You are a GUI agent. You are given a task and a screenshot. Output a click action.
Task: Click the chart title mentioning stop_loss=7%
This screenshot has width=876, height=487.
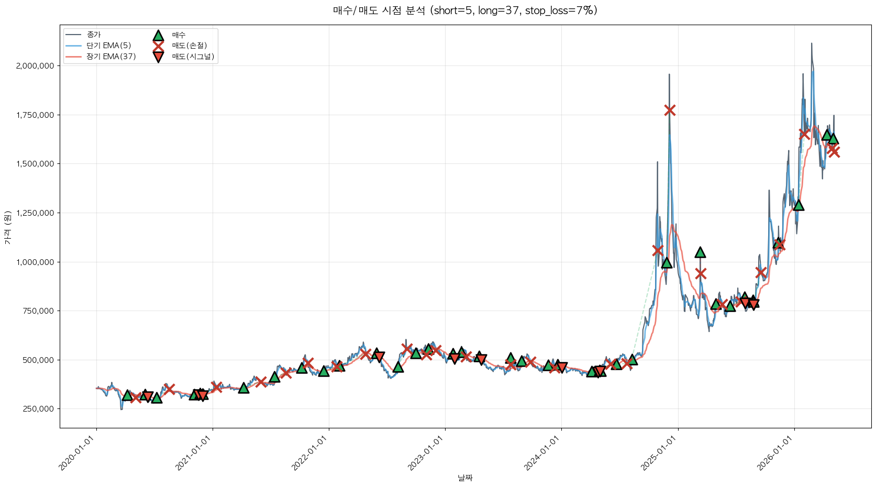(x=465, y=10)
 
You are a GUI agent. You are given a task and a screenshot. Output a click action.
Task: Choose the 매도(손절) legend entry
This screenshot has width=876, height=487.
(x=180, y=46)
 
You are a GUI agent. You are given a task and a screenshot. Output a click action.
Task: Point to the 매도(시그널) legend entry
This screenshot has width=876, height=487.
(x=183, y=57)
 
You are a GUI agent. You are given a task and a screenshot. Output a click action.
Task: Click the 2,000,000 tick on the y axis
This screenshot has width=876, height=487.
(x=35, y=65)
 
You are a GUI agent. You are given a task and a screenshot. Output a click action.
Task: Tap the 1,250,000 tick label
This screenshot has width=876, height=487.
(x=35, y=213)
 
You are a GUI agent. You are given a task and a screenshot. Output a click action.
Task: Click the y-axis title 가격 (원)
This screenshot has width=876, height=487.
(x=8, y=227)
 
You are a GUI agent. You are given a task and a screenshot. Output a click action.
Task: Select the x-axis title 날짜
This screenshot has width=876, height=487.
(x=465, y=478)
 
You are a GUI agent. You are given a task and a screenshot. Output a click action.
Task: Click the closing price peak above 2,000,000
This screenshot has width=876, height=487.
(x=812, y=43)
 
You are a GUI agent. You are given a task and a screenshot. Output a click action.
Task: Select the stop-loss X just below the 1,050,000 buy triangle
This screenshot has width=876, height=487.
(x=701, y=273)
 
